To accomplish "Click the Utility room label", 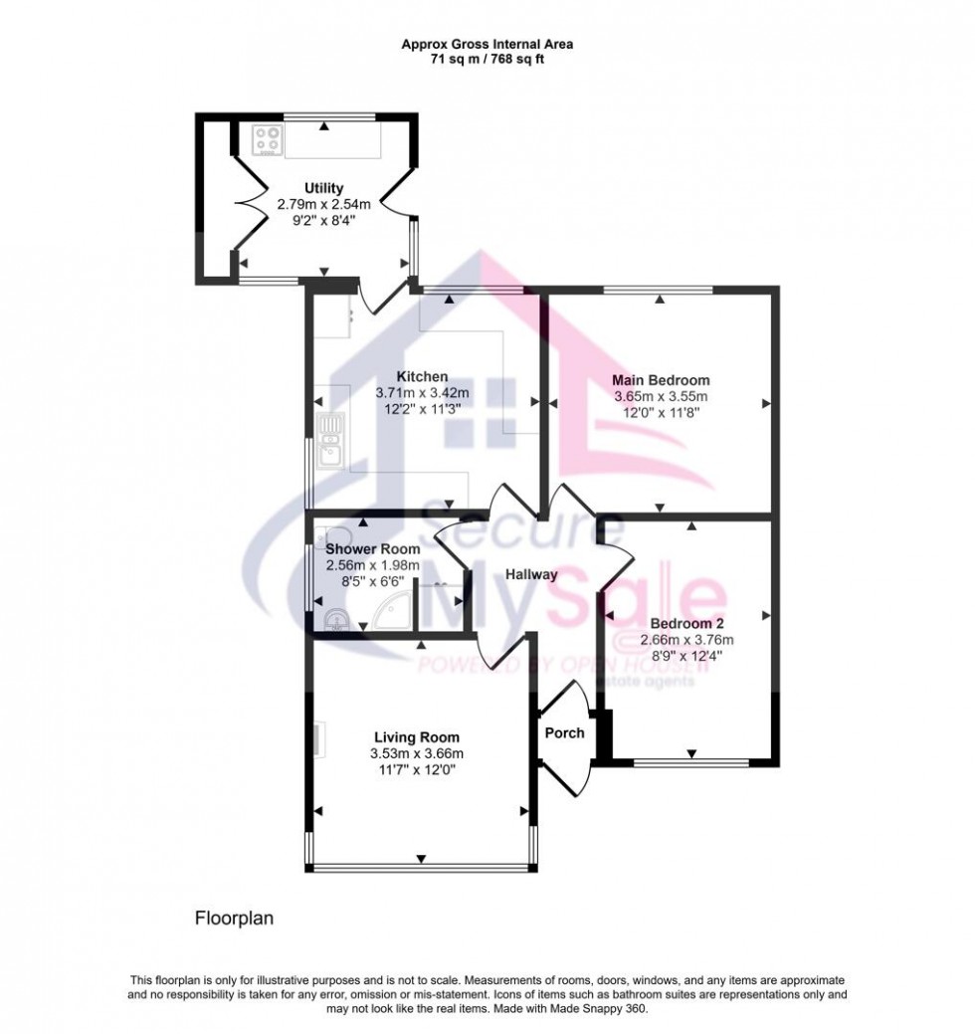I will point(323,188).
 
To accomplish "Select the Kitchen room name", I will point(422,376).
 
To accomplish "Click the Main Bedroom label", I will point(661,380).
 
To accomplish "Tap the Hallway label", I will point(531,575).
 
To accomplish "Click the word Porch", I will point(564,732).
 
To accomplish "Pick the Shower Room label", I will point(372,548).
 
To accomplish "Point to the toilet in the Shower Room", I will point(335,621).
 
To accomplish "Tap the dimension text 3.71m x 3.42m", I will point(422,393).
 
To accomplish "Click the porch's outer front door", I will point(572,771).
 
